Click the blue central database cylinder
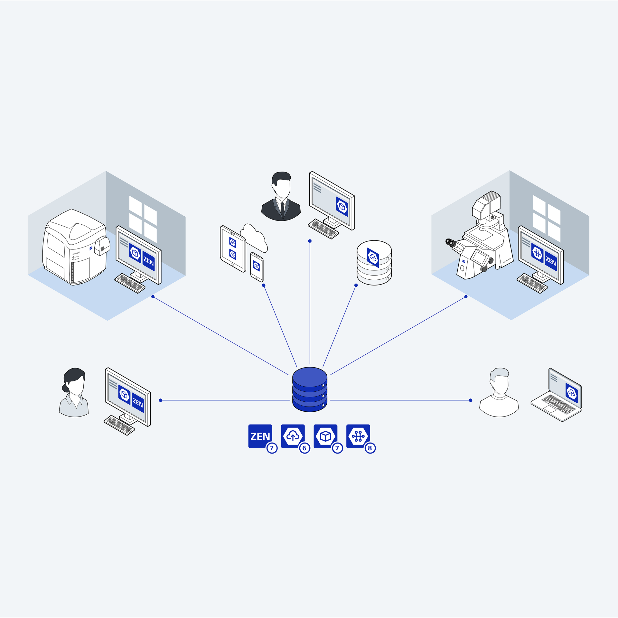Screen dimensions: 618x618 [310, 389]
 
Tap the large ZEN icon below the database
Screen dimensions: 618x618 [260, 436]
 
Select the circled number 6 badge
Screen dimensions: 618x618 [304, 448]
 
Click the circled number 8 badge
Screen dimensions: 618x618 [370, 448]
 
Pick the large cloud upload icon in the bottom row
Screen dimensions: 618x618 [293, 436]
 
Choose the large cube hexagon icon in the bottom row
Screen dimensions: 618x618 [325, 436]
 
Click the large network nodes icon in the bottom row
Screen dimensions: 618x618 [358, 436]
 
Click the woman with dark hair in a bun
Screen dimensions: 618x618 [74, 392]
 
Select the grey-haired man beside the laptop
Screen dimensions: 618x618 [499, 392]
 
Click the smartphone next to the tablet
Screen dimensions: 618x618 [257, 267]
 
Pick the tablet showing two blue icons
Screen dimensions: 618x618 [233, 248]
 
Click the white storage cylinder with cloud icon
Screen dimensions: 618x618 [374, 262]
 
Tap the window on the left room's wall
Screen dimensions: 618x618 [143, 219]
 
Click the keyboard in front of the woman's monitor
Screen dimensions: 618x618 [119, 425]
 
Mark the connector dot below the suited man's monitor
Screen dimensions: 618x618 [310, 241]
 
